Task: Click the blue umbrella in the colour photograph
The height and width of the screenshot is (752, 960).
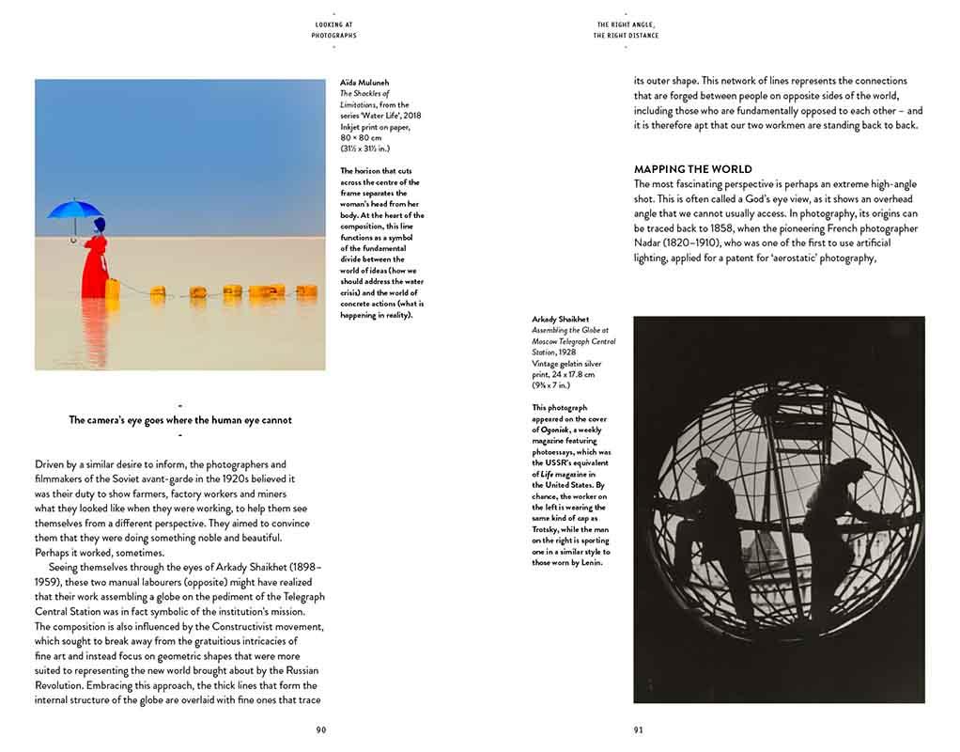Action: pyautogui.click(x=74, y=209)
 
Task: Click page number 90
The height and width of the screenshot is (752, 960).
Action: pyautogui.click(x=321, y=729)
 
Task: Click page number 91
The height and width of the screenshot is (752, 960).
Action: pyautogui.click(x=639, y=729)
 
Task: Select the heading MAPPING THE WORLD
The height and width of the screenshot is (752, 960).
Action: pyautogui.click(x=692, y=170)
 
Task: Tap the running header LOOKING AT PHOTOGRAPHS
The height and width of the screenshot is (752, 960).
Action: pyautogui.click(x=334, y=30)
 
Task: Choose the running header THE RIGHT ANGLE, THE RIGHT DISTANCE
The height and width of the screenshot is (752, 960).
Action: pyautogui.click(x=626, y=30)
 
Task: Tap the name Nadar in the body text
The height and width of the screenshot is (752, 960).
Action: pyautogui.click(x=651, y=243)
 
